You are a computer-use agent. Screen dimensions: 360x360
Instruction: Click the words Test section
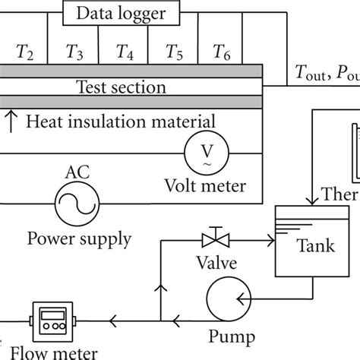122,87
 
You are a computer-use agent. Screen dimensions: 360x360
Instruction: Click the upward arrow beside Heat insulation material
11,120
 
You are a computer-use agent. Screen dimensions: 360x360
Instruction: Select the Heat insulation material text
122,120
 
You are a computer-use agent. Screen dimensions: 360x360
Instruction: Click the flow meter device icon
50,317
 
